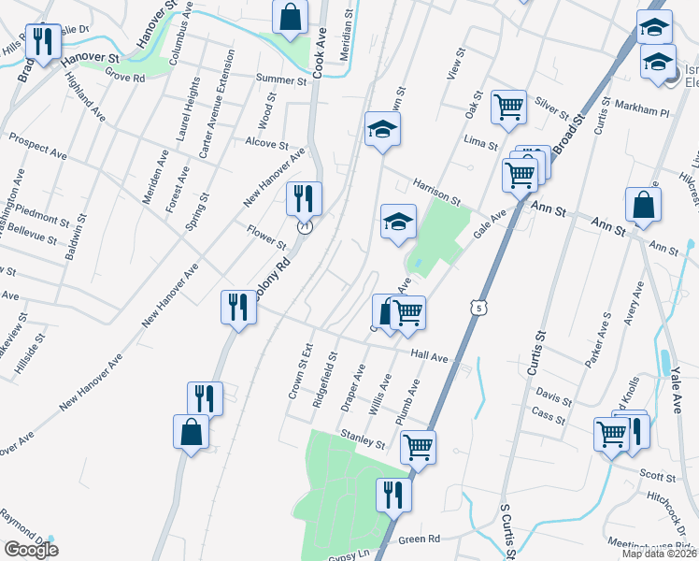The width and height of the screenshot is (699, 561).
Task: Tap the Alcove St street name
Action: click(x=266, y=144)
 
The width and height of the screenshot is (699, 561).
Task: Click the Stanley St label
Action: click(x=364, y=437)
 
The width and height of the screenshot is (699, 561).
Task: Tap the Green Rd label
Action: click(x=420, y=539)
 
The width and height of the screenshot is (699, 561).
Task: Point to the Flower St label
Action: click(x=265, y=235)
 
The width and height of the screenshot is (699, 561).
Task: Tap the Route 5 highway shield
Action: click(x=479, y=307)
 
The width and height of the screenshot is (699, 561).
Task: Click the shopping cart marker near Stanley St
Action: click(x=419, y=445)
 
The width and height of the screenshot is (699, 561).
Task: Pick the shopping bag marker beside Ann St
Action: click(x=644, y=204)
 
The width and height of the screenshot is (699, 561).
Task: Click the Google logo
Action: click(x=31, y=550)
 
